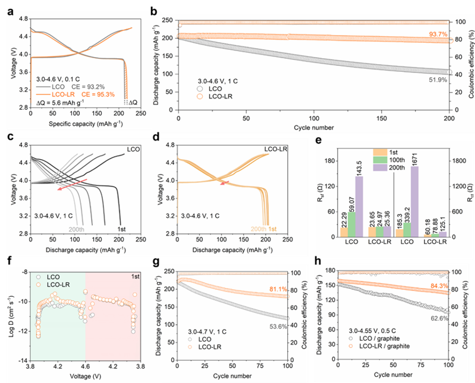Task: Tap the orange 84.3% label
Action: [440, 286]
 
